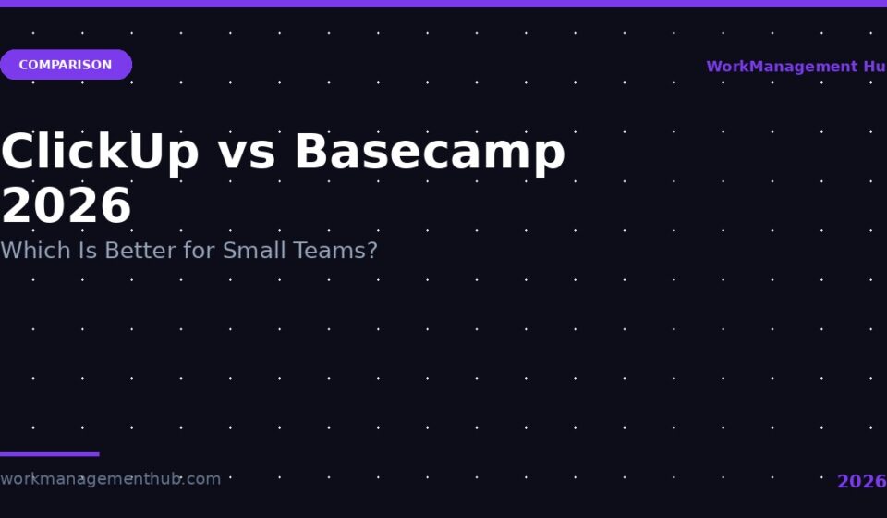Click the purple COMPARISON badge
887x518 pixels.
(x=66, y=65)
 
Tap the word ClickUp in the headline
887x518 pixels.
(x=100, y=152)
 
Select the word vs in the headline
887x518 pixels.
(x=247, y=154)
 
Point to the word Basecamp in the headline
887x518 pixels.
(x=430, y=152)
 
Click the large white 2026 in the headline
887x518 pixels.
(x=67, y=205)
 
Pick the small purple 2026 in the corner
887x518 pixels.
(x=861, y=481)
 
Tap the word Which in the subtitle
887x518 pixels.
(x=35, y=251)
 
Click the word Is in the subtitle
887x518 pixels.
(x=88, y=251)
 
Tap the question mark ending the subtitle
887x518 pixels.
(x=372, y=251)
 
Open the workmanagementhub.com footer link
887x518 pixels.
(x=110, y=479)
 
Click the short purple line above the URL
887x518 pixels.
(x=50, y=454)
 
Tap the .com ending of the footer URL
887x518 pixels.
(x=201, y=479)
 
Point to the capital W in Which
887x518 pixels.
(x=11, y=251)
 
